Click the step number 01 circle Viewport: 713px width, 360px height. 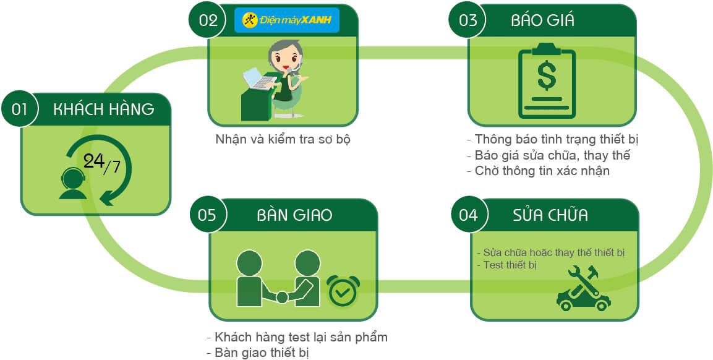coord(20,109)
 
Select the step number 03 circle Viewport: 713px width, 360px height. coord(468,20)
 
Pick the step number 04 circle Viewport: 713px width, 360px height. coord(469,215)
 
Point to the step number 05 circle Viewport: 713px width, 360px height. coord(207,215)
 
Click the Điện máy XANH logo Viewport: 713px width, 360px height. coord(287,20)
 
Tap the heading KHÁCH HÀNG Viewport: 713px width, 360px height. coord(104,109)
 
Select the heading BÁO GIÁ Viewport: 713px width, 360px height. coord(542,20)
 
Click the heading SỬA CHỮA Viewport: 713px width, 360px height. coord(550,215)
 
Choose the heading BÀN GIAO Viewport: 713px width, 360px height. coord(294,215)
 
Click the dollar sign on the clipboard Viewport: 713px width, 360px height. coord(546,76)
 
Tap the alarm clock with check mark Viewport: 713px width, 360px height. coord(343,291)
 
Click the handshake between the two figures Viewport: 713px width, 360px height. coord(282,297)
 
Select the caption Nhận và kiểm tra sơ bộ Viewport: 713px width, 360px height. coord(283,139)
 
